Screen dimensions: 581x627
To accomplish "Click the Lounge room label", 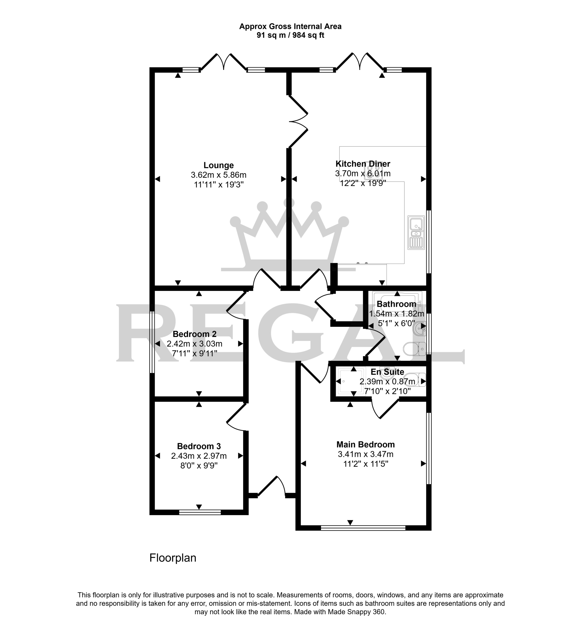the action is pos(218,165).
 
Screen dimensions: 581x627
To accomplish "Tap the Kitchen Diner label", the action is pos(363,164).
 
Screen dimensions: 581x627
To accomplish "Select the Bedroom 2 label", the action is pos(195,334).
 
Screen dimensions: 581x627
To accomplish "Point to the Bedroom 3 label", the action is pos(199,446).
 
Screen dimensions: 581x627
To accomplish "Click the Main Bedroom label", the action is pos(366,444).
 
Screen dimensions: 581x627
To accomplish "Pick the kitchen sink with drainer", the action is pos(416,232).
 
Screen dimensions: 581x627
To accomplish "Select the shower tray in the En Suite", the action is pos(351,381).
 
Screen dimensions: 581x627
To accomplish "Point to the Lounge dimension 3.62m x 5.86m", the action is pos(218,175).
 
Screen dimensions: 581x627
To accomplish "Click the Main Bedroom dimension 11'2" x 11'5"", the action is pos(366,464).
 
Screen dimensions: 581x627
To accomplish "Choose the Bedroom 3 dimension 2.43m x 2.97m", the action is pos(199,456).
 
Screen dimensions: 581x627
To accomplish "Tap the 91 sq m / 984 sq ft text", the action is pos(290,35).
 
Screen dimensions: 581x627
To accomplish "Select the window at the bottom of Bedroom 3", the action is pos(200,512).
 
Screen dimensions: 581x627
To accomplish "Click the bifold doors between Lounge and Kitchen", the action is pos(298,121).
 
